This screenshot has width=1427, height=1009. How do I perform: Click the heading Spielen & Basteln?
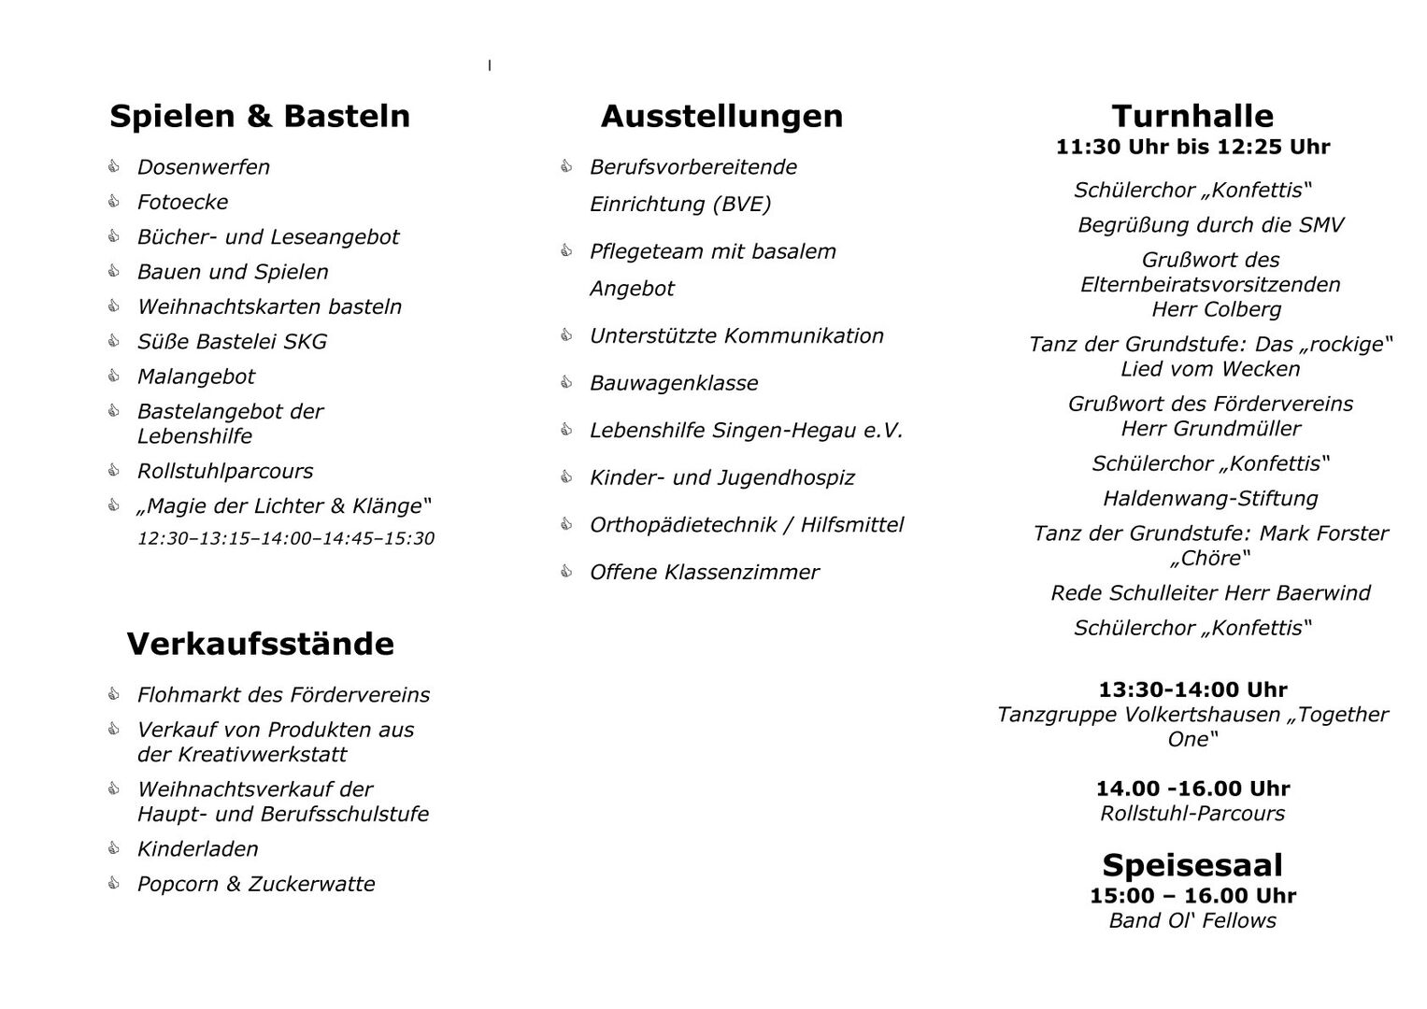260,116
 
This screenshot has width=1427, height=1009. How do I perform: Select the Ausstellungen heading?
721,116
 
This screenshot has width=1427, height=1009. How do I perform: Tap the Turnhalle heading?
1192,116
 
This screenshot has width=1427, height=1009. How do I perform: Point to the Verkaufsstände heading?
260,644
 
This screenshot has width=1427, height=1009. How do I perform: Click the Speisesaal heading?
1192,864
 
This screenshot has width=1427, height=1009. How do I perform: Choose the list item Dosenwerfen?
203,167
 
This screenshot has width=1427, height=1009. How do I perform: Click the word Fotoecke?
182,202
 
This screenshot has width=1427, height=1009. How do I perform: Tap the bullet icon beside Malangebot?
114,376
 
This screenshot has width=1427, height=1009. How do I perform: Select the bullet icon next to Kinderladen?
114,848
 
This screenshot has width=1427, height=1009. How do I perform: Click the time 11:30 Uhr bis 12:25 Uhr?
1192,147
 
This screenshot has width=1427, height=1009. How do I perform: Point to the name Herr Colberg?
1216,309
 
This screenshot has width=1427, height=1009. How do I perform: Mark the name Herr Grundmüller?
1210,429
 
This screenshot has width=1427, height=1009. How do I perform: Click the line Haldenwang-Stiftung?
1210,499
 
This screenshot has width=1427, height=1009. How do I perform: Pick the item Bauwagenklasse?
674,383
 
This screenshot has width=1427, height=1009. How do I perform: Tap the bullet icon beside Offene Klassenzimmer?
566,571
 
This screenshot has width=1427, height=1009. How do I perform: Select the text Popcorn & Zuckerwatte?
256,884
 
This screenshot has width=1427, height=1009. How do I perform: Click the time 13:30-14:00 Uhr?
1192,689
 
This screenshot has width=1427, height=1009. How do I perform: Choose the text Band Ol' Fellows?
1192,920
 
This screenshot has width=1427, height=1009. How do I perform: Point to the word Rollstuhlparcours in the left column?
225,471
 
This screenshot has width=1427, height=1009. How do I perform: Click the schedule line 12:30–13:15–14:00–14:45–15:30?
286,539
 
